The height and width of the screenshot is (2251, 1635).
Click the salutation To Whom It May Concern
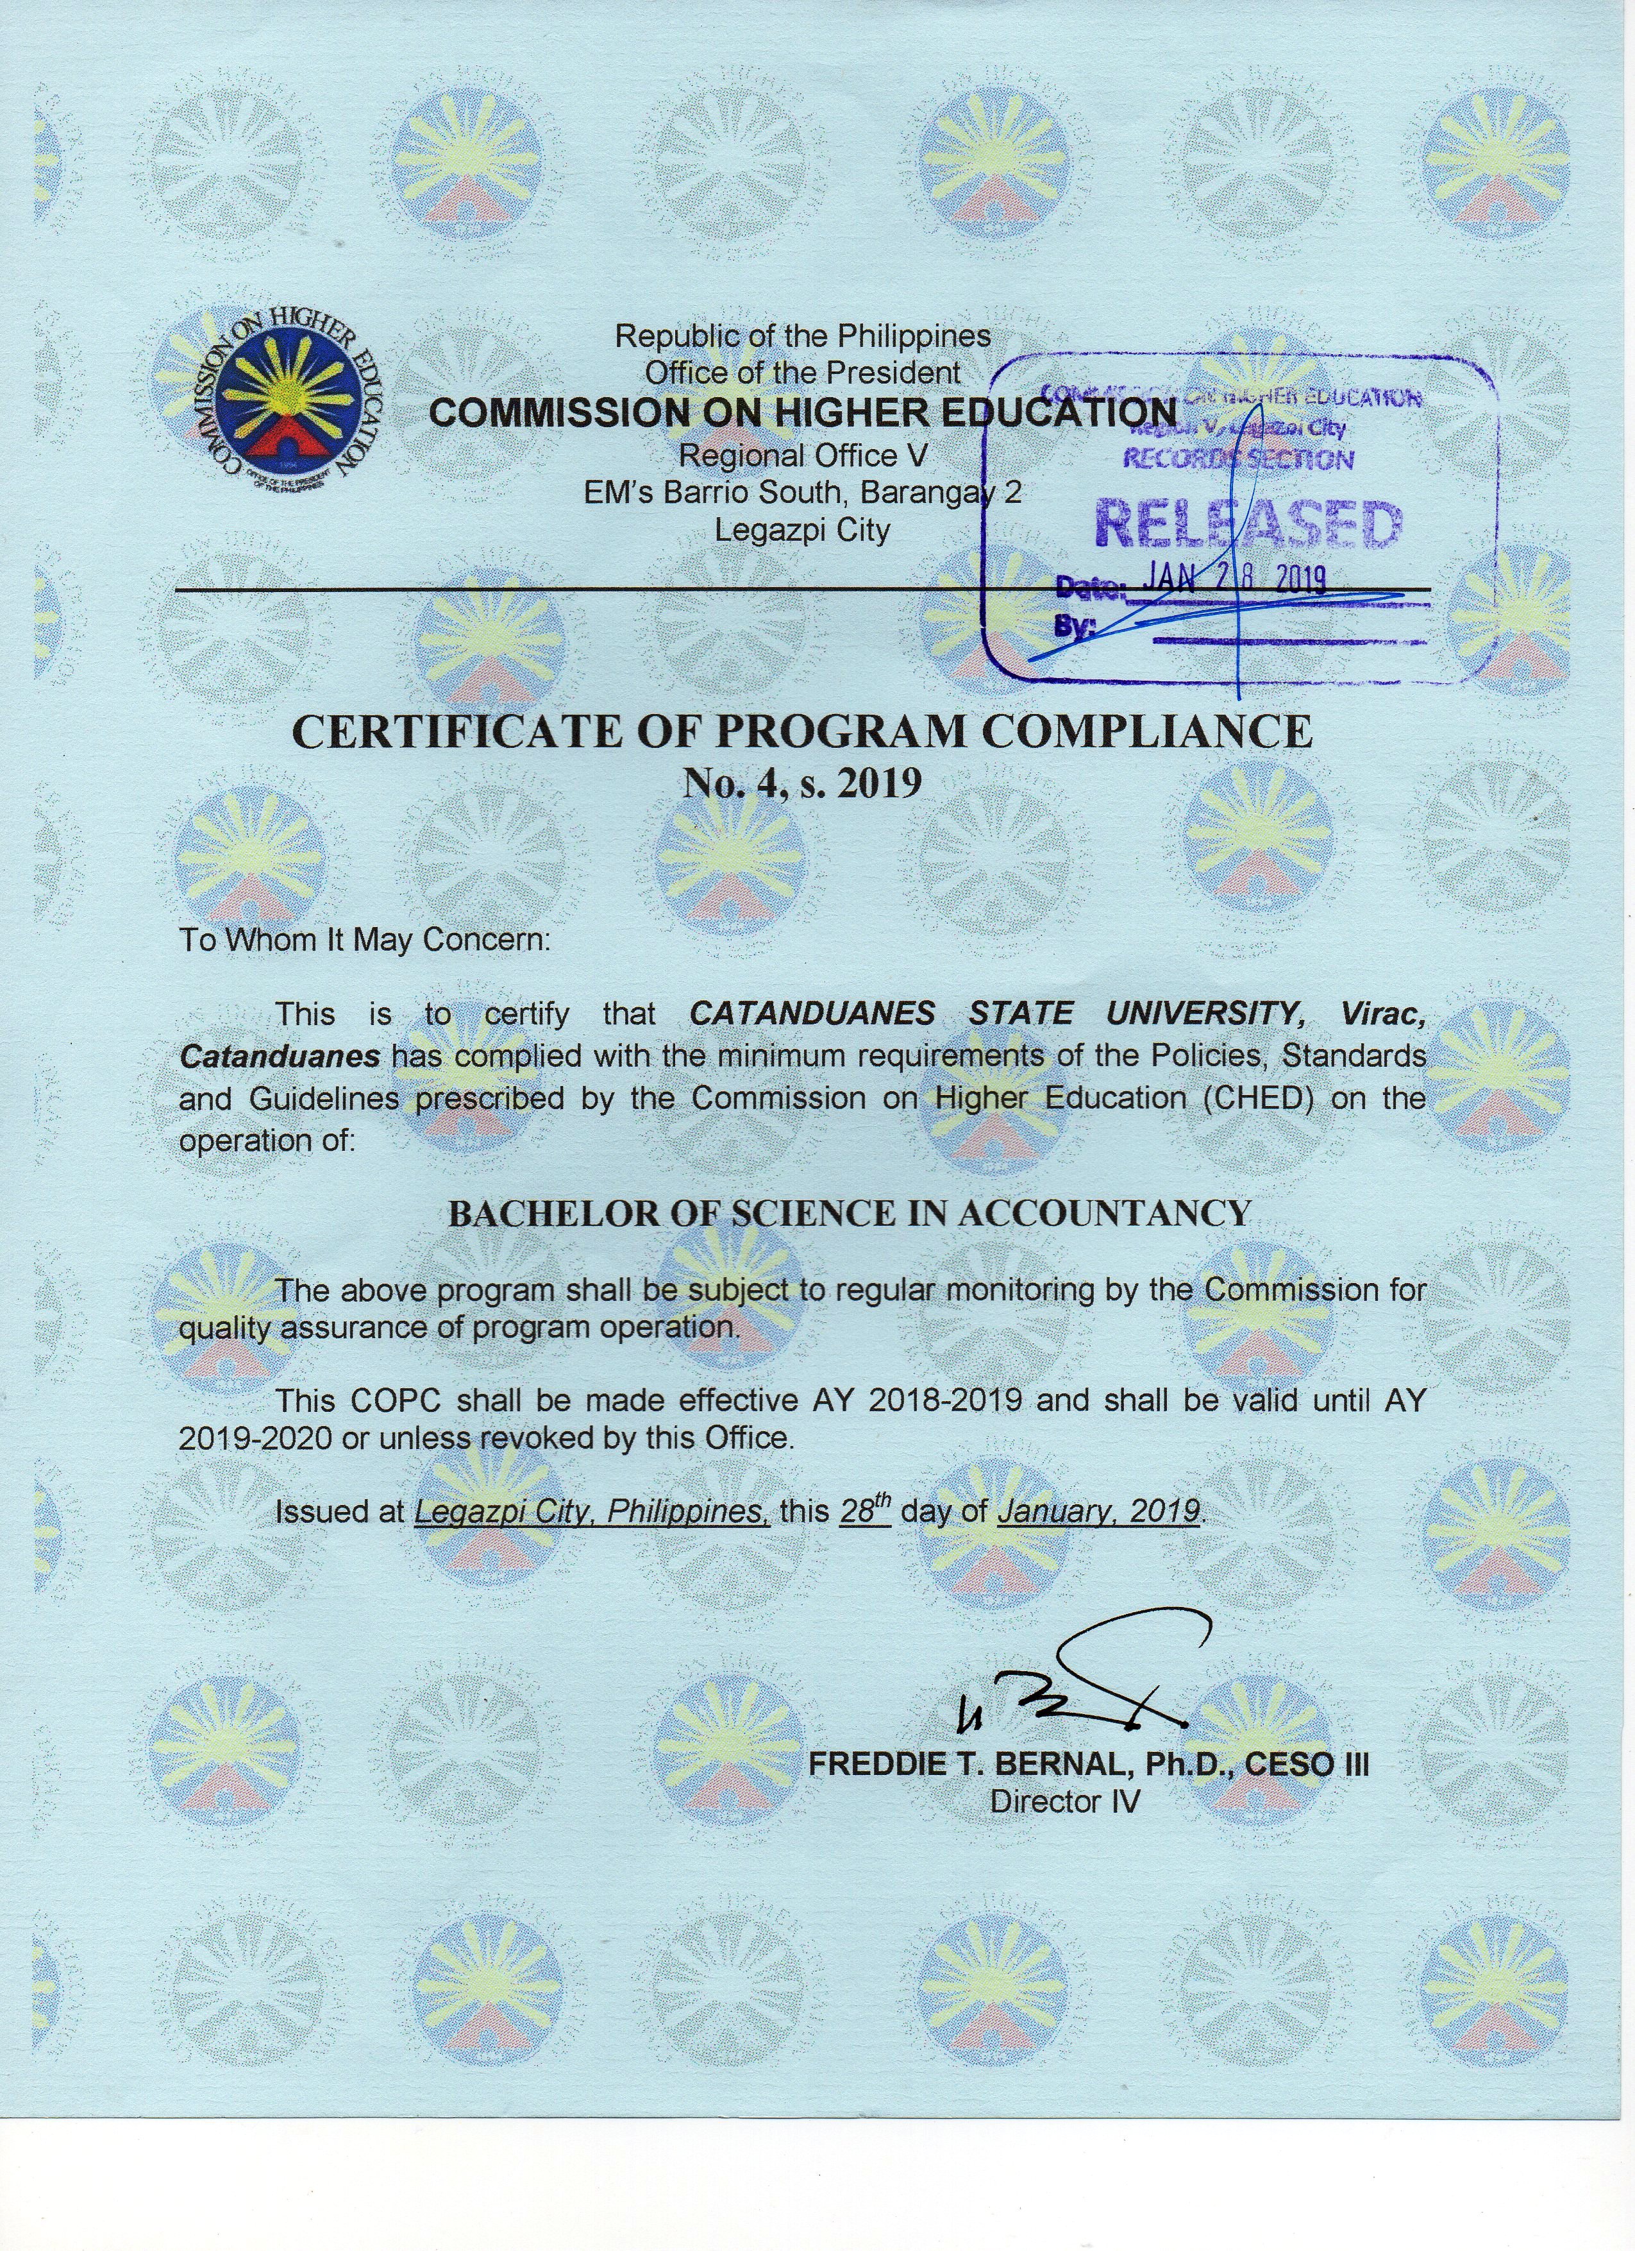(364, 940)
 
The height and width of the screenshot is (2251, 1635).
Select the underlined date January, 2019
(1098, 1513)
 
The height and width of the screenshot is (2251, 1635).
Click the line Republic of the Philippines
(803, 336)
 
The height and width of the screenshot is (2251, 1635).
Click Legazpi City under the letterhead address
(803, 531)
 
